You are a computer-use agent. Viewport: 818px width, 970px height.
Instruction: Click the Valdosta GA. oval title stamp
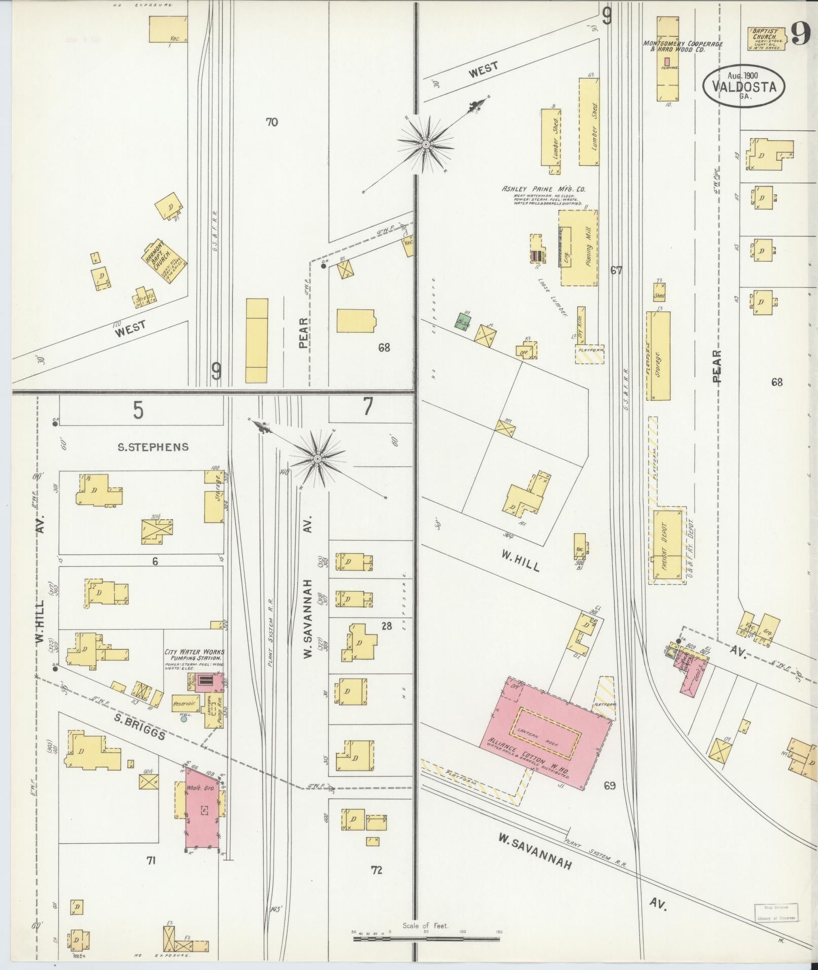pyautogui.click(x=743, y=86)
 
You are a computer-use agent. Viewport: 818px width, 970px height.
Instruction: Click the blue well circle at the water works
pyautogui.click(x=184, y=718)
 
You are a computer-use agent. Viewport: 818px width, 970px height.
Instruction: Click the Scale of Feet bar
pyautogui.click(x=425, y=939)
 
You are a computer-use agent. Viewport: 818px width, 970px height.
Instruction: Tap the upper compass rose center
pyautogui.click(x=425, y=146)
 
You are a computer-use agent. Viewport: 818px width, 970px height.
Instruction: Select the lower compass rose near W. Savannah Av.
pyautogui.click(x=317, y=459)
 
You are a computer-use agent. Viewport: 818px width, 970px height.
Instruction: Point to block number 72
pyautogui.click(x=376, y=871)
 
